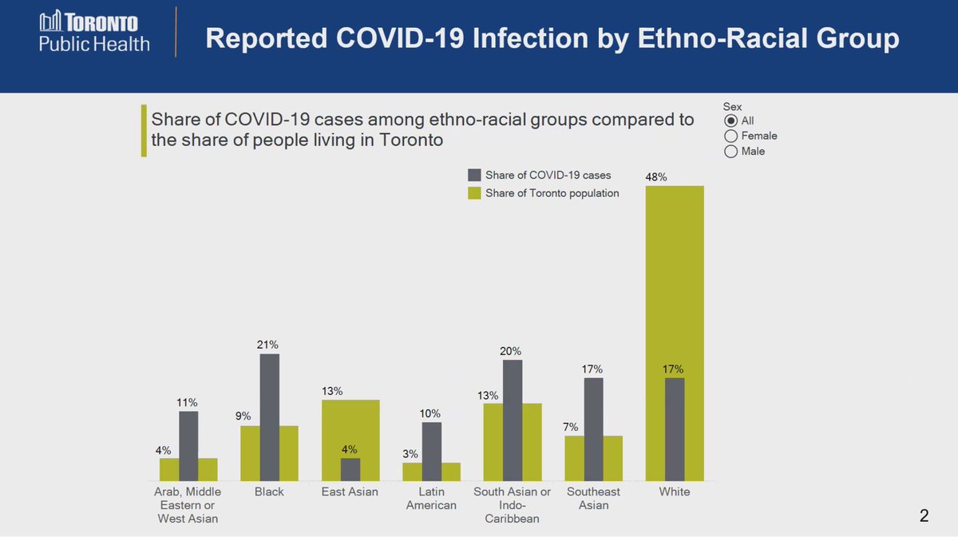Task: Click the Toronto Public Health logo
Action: pos(94,32)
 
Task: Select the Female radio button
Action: pos(730,136)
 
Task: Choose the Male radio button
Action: pos(730,151)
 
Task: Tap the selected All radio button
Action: pos(730,120)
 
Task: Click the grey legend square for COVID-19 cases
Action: pos(474,176)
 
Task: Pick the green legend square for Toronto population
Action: pos(474,193)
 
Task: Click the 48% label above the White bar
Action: pos(656,176)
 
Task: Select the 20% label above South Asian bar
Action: pos(512,351)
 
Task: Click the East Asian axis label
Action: pos(350,492)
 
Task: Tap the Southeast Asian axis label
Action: pos(593,499)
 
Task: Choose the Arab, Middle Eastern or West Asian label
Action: pos(188,505)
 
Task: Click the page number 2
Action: pos(924,516)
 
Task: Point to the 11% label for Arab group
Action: pos(188,402)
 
